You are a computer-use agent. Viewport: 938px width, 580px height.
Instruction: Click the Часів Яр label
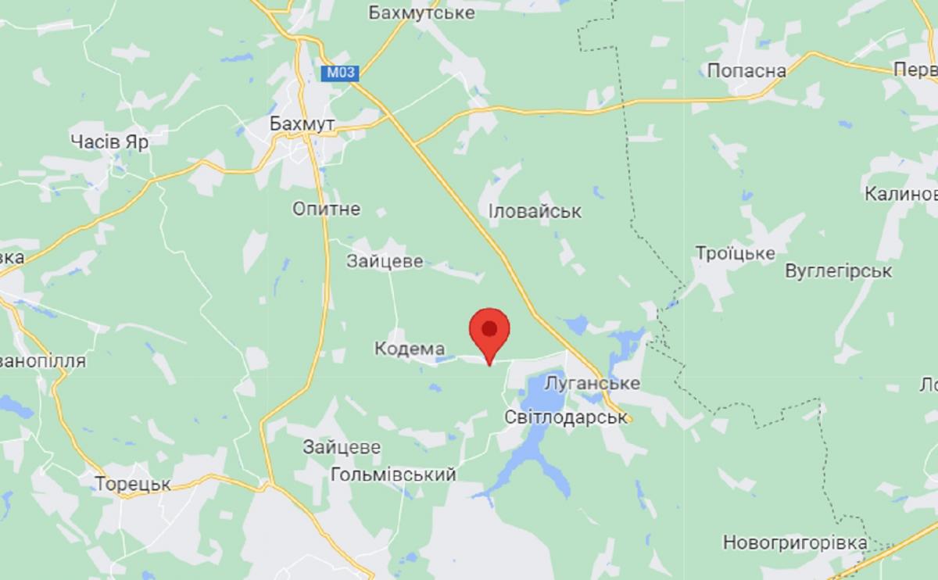[109, 141]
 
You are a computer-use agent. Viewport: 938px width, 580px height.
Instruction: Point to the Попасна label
[746, 71]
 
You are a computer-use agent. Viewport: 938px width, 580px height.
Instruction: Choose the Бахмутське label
[422, 13]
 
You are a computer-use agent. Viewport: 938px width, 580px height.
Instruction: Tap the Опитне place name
[326, 209]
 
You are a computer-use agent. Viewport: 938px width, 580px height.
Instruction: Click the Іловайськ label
[535, 212]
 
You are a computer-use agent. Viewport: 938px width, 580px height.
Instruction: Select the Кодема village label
[410, 349]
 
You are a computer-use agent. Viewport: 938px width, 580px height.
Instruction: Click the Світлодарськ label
[567, 416]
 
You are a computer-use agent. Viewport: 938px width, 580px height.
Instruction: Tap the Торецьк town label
[133, 484]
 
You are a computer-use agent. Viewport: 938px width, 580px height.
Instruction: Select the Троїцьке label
[735, 253]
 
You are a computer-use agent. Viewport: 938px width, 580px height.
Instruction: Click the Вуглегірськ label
[838, 271]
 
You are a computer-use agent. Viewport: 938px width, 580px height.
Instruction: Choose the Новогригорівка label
[795, 542]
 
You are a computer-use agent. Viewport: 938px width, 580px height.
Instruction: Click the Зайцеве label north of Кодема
[385, 261]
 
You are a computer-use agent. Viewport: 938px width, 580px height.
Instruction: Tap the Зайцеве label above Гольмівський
[342, 448]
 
